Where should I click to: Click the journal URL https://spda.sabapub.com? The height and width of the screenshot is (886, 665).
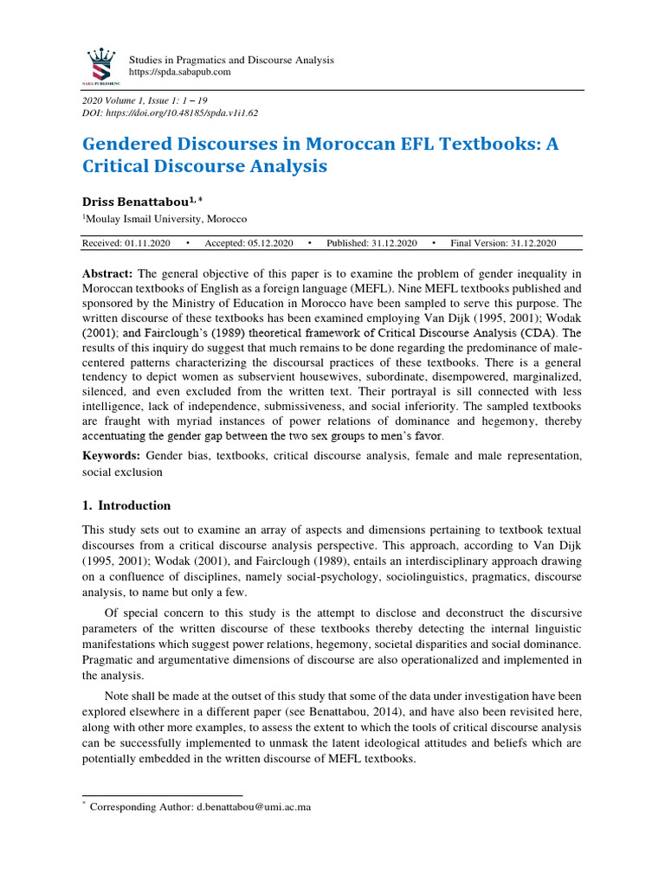(x=179, y=73)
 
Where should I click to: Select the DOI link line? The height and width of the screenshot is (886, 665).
(x=170, y=113)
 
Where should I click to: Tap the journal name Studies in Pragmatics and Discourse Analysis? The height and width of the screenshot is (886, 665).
(x=231, y=60)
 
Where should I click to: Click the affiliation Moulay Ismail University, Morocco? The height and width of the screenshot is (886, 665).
(x=166, y=220)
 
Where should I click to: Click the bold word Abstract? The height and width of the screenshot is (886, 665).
(x=108, y=272)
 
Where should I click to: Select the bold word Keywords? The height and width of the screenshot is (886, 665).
(x=112, y=455)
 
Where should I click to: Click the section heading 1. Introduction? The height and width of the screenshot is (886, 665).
(x=126, y=506)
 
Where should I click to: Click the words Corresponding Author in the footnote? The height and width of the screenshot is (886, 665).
(x=132, y=806)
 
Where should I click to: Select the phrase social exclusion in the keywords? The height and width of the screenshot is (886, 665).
(x=121, y=473)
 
